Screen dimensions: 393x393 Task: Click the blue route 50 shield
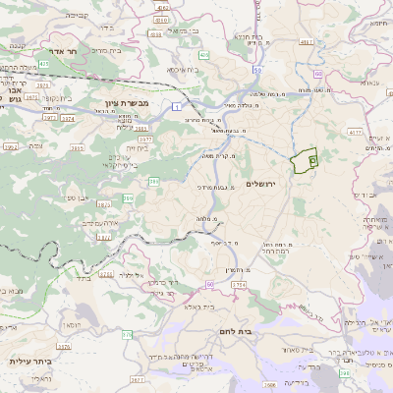click(257, 72)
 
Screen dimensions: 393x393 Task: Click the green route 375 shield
click(126, 334)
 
